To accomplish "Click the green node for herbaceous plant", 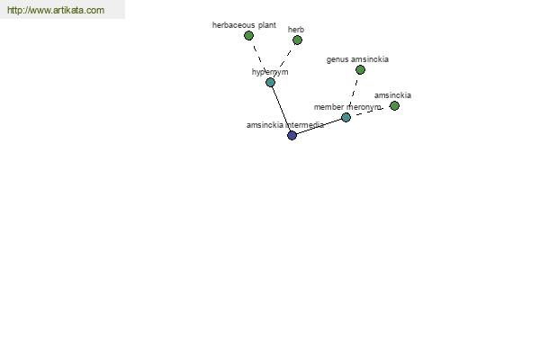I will pos(249,36).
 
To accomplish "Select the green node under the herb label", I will pos(297,40).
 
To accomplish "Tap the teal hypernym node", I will pos(270,82).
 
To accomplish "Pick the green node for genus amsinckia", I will pos(360,69).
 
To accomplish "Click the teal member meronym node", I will pos(346,117).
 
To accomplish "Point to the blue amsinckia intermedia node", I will pos(292,135).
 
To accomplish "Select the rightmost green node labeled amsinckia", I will pos(394,105).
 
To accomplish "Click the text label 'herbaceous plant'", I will pos(244,25).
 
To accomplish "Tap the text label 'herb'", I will pos(296,30).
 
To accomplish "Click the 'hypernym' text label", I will pos(270,72).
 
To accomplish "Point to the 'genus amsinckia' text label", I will pos(357,59).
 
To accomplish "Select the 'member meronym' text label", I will pos(347,107).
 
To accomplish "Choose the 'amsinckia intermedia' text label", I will pos(284,125).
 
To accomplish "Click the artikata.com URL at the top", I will pos(56,11).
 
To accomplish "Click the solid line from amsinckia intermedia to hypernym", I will pos(281,109).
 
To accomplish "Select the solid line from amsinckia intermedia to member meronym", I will pos(319,126).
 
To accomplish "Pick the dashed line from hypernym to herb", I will pos(284,59).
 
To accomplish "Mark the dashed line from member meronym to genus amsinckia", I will pos(353,93).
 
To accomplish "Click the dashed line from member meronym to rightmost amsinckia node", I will pos(371,111).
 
